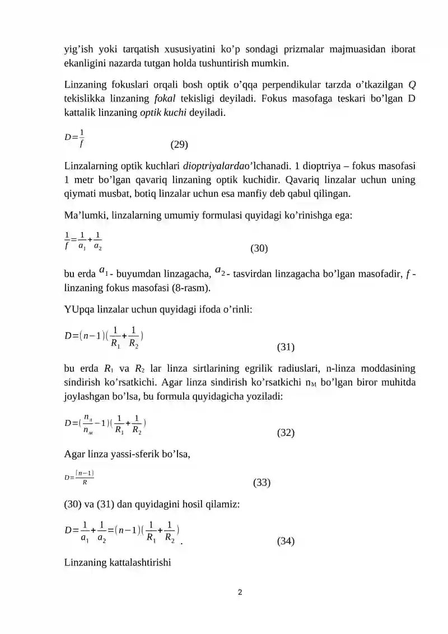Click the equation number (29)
tap(179, 145)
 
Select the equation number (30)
tap(259, 248)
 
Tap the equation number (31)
tap(286, 347)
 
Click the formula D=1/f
tap(74, 137)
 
